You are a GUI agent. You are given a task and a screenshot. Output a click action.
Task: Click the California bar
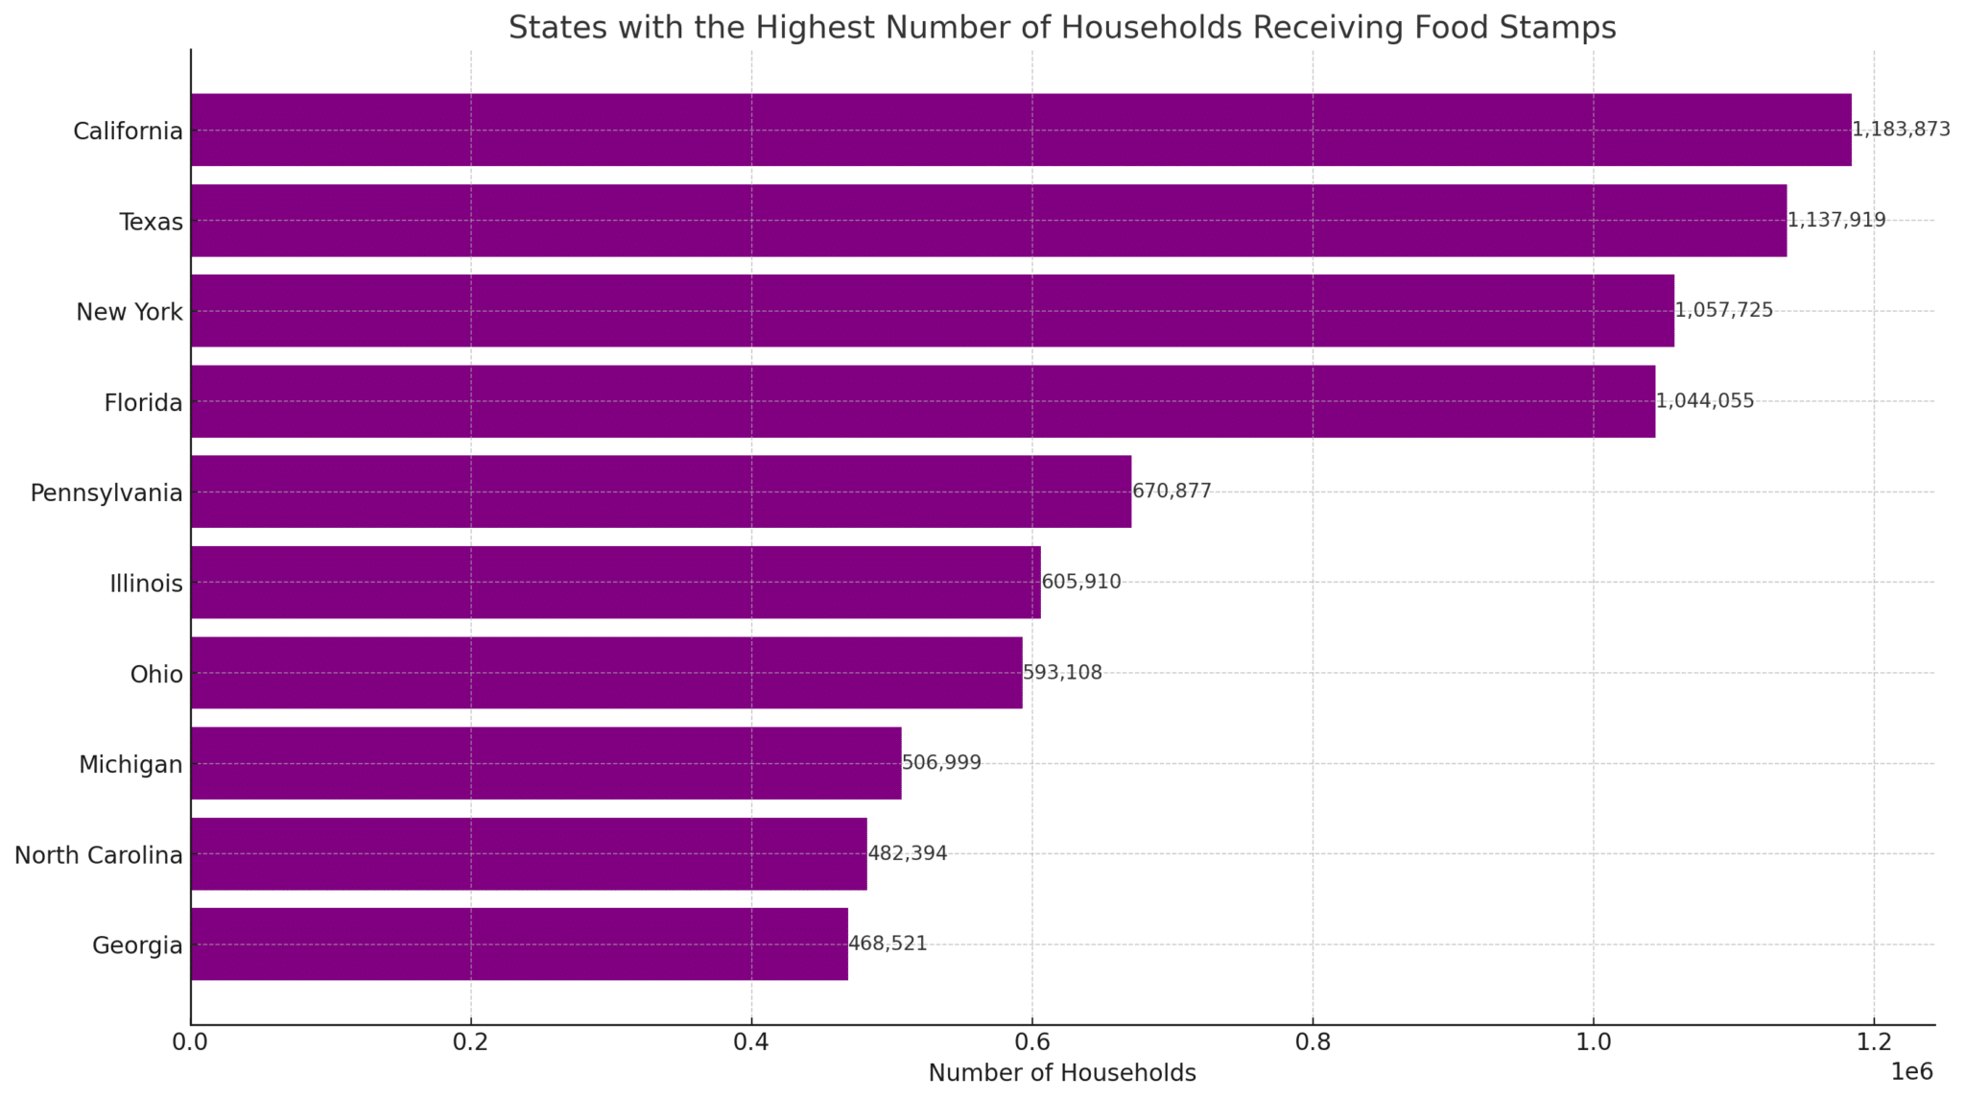coord(1021,130)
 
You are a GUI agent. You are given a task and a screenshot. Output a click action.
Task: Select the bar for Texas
coord(988,221)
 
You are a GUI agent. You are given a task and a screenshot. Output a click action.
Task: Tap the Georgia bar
coord(519,945)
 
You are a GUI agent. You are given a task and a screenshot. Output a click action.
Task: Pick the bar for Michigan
coord(546,763)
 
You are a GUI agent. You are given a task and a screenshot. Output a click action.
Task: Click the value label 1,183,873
coord(1901,130)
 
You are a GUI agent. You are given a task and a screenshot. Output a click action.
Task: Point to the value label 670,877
coord(1172,491)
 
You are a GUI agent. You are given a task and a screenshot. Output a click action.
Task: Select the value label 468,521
coord(888,944)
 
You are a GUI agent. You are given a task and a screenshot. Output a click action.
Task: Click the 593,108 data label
coord(1062,673)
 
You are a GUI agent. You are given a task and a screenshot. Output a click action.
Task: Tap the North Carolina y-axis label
coord(99,855)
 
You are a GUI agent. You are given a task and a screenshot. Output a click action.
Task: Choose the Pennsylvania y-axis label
coord(107,493)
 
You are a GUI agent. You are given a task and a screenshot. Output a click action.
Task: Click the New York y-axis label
coord(130,312)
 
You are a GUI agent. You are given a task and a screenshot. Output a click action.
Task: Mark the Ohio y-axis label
coord(156,675)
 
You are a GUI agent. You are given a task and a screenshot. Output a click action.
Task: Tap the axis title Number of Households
coord(1062,1073)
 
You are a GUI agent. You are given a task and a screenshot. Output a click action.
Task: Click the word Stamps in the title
coord(1559,28)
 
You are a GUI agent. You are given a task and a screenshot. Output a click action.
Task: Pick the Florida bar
coord(923,401)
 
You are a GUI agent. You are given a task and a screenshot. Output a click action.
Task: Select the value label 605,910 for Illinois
coord(1081,582)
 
